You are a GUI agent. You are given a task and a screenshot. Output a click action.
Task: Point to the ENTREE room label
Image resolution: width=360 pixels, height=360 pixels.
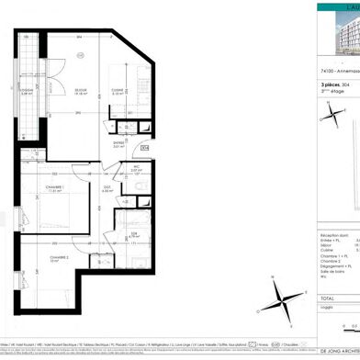point(118,143)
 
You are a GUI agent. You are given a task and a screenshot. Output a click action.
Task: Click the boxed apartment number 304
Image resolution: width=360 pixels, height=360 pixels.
point(144,147)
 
